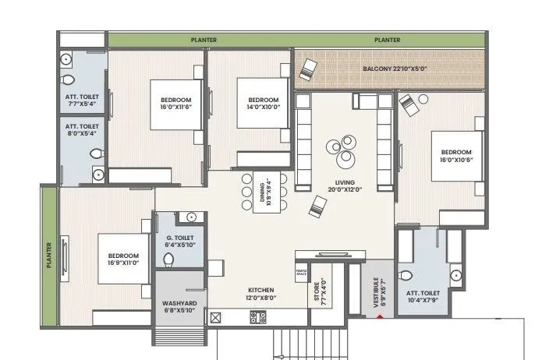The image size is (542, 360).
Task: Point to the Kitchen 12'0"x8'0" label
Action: (261, 294)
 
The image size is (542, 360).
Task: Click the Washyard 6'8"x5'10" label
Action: (179, 307)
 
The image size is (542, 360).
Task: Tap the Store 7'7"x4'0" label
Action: (318, 292)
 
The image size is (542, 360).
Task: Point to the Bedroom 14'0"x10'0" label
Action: (263, 104)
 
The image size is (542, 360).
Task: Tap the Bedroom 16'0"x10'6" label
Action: (456, 155)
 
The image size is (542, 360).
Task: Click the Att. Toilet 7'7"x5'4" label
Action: (82, 101)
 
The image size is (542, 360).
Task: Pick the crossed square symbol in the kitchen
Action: (216, 317)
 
